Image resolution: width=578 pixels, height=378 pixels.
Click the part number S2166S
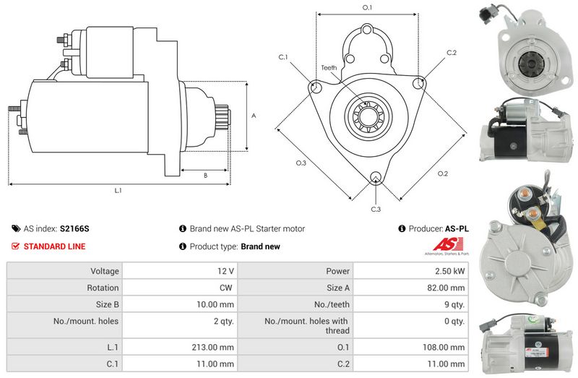click(x=74, y=228)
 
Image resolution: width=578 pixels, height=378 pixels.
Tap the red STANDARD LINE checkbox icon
click(x=15, y=246)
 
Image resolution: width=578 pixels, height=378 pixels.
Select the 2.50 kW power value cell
click(x=449, y=271)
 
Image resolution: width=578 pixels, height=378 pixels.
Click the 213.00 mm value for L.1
click(x=212, y=348)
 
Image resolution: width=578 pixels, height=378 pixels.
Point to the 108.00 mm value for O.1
click(x=444, y=348)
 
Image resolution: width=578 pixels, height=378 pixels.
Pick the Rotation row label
click(x=103, y=288)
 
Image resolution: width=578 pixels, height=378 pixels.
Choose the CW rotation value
click(x=225, y=288)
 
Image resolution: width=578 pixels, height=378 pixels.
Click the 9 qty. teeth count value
click(x=454, y=304)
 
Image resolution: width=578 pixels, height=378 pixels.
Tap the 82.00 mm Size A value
click(x=446, y=288)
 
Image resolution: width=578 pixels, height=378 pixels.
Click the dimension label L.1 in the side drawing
click(x=118, y=191)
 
